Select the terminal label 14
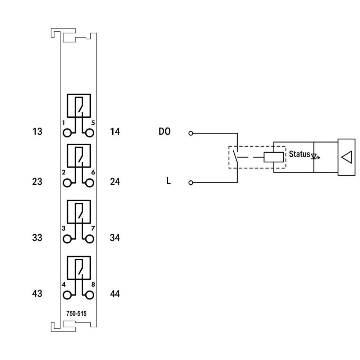[x=115, y=132]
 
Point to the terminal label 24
[x=115, y=181]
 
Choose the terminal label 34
[x=115, y=238]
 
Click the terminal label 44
[x=115, y=294]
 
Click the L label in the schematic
[x=168, y=181]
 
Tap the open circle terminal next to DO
[x=191, y=133]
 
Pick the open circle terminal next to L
[x=191, y=183]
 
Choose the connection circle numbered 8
[x=90, y=296]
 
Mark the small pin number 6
[x=93, y=172]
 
